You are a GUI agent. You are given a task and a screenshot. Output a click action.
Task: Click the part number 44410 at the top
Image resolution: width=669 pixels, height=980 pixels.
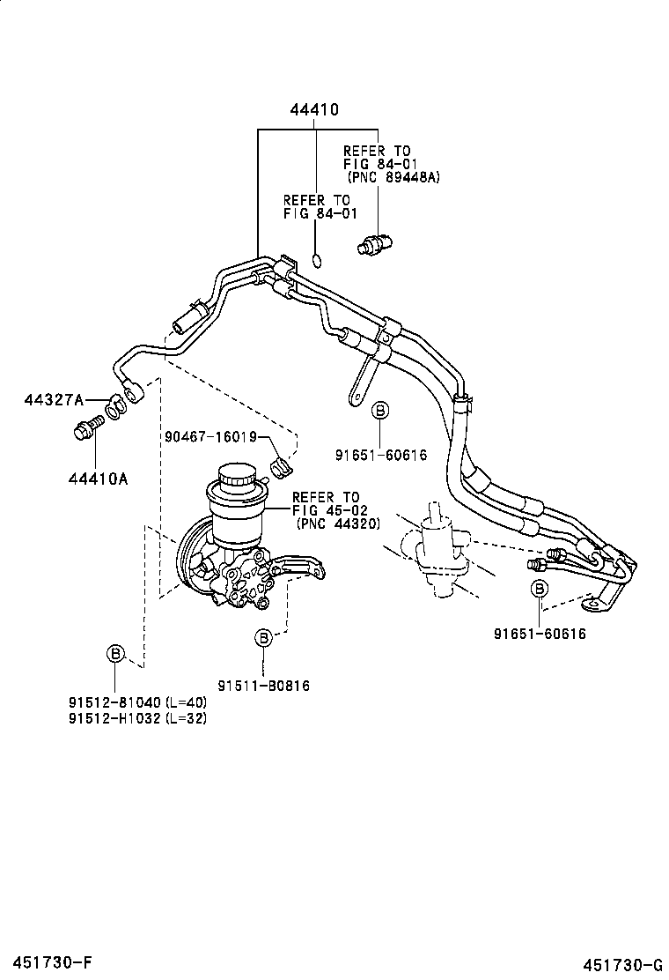coord(314,110)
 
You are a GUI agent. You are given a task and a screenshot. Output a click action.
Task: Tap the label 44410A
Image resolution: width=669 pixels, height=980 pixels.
coord(98,479)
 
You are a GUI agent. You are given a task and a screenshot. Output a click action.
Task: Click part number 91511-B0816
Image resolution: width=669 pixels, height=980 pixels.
coord(264,685)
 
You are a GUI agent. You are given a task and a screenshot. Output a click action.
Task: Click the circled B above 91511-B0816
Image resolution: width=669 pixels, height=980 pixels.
coord(263,636)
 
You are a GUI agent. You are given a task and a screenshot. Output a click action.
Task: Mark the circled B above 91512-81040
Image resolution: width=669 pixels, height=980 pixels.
coord(114,653)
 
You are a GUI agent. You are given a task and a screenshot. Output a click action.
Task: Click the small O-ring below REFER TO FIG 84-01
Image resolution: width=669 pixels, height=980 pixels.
coord(318,259)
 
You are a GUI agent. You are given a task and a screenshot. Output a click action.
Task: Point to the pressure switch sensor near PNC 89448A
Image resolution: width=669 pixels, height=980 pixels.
coord(376,243)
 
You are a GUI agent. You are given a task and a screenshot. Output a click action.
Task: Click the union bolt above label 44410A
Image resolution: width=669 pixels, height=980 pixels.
coord(85,431)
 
